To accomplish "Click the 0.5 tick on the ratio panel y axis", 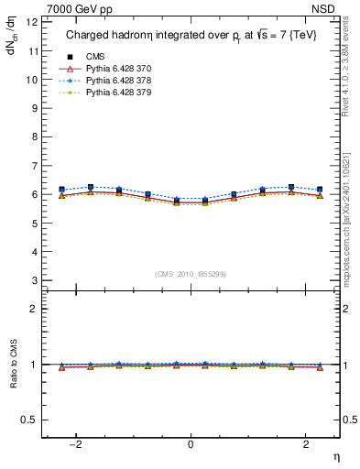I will click(29, 420).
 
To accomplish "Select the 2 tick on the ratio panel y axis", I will click(34, 309).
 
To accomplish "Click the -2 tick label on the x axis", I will click(78, 444).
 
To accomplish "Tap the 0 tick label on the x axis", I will click(191, 444).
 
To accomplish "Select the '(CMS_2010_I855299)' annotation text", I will click(191, 274).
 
